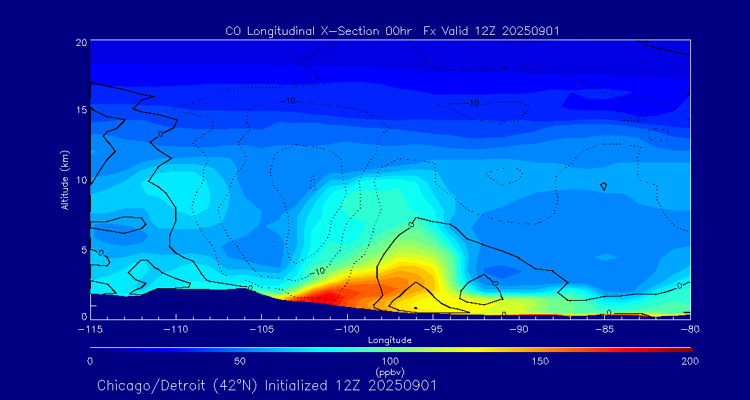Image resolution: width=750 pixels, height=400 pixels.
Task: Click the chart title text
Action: click(392, 31)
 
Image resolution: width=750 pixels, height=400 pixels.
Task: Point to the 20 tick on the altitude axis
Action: click(81, 42)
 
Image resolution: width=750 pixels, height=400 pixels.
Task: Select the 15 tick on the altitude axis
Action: click(81, 110)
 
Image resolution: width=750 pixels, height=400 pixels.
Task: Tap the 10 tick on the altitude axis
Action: click(81, 180)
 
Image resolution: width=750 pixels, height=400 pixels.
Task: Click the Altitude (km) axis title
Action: click(65, 179)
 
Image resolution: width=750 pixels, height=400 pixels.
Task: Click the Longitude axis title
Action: click(390, 340)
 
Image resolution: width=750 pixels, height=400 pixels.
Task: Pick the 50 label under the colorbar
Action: click(240, 361)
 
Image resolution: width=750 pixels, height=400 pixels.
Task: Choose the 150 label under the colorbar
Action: click(540, 361)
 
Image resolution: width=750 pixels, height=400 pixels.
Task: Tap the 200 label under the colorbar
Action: click(690, 361)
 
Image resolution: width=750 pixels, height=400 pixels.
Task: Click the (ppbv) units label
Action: click(390, 372)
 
